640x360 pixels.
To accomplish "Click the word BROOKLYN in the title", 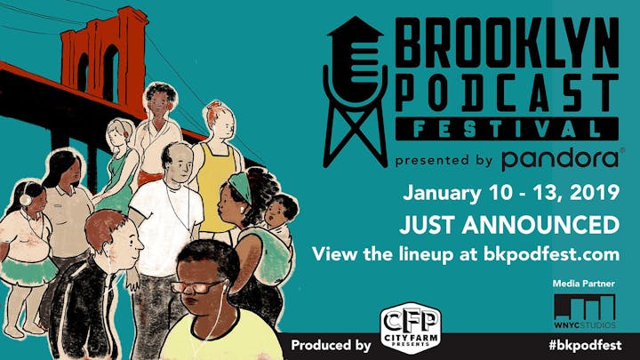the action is [508, 44].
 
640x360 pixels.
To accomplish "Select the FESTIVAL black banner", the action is [508, 129].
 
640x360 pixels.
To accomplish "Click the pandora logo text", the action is [561, 160].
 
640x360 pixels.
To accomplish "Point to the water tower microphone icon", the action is [355, 92].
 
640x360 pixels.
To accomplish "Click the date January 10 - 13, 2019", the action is [511, 193].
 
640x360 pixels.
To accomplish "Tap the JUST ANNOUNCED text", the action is [509, 225].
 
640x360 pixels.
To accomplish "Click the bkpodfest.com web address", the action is [551, 254].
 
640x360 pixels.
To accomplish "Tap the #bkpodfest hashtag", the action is [585, 345].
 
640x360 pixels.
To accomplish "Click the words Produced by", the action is [331, 345].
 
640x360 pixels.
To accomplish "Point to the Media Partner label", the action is [584, 284].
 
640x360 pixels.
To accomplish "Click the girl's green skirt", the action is [28, 270].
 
